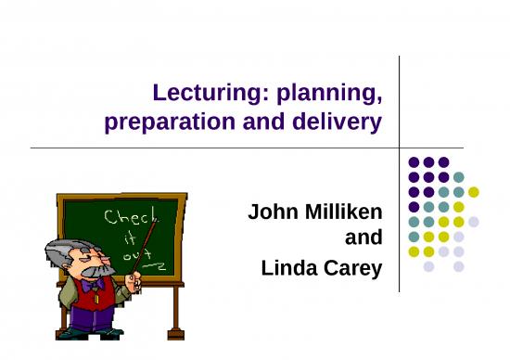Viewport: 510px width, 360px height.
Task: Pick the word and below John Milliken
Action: (363, 239)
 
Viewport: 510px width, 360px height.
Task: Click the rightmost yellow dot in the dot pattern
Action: (473, 192)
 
